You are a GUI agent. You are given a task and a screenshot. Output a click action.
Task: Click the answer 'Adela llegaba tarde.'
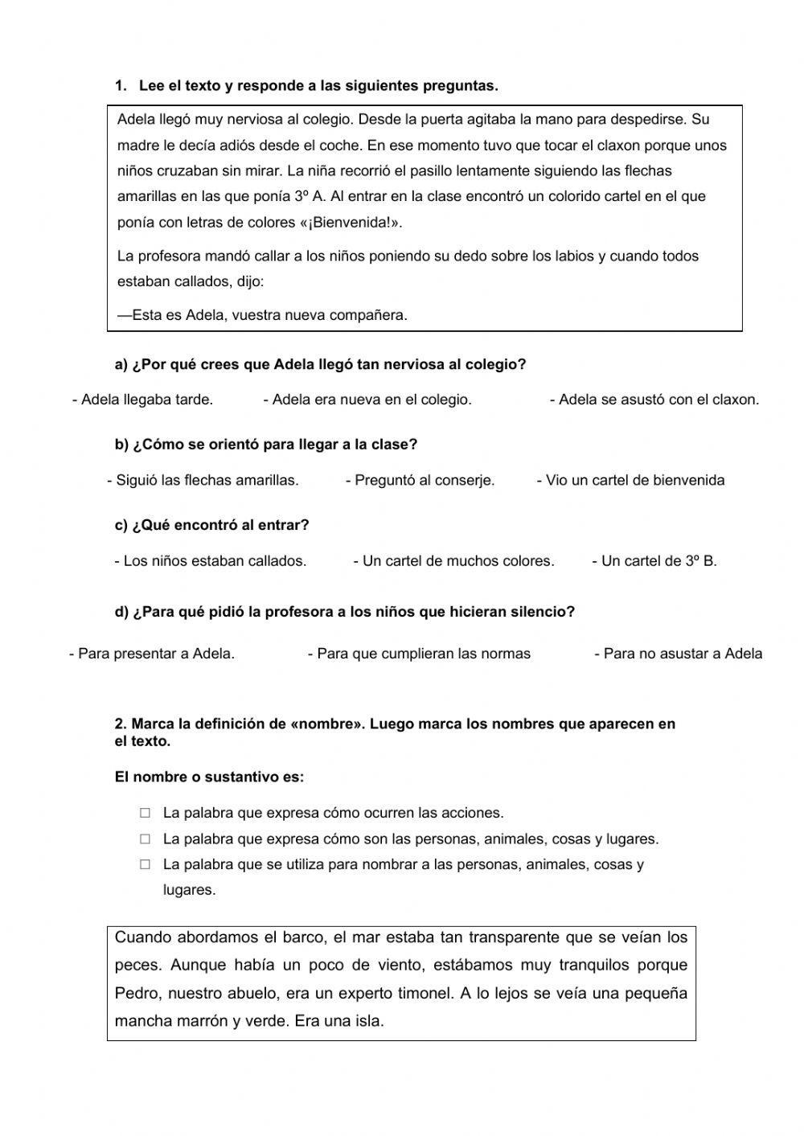tap(143, 400)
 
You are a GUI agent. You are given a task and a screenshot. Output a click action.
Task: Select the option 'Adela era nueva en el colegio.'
tap(367, 400)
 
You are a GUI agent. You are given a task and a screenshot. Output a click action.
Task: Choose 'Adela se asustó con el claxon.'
tap(654, 400)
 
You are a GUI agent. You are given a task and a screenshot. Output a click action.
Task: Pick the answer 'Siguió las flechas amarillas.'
tap(203, 481)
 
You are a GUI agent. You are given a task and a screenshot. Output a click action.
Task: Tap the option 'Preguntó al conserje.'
tap(420, 481)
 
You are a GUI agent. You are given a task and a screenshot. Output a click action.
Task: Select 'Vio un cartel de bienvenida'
tap(630, 481)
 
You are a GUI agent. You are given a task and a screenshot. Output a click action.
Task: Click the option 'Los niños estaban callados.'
tap(211, 561)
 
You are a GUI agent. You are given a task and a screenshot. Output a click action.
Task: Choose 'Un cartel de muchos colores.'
tap(453, 561)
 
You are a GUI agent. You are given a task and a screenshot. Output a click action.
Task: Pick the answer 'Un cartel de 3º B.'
tap(654, 561)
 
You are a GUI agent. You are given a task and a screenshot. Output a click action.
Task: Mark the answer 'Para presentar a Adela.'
tap(152, 654)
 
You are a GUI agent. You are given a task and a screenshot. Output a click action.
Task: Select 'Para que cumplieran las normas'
tap(419, 654)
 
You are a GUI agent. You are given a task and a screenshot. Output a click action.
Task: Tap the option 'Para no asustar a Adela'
tap(678, 654)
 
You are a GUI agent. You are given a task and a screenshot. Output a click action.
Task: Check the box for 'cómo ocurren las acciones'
tap(145, 813)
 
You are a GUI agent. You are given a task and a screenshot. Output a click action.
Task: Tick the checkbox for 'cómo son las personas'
tap(145, 839)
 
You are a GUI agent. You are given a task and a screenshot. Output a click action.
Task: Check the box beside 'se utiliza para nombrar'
tap(145, 864)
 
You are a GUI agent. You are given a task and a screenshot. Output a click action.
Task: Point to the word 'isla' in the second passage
tap(367, 1022)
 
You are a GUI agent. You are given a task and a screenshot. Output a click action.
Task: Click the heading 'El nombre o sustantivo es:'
tap(209, 777)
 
